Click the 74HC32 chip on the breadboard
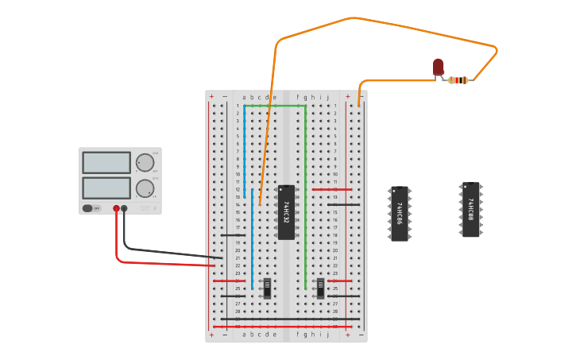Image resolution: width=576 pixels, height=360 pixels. (286, 212)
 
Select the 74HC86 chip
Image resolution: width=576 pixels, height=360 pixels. (400, 213)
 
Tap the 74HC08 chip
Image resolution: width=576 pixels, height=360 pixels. (470, 210)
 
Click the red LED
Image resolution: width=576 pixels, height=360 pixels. (439, 67)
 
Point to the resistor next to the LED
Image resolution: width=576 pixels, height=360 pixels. (458, 79)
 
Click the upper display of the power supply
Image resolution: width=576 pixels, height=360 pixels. (106, 163)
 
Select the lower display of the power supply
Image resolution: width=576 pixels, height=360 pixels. (106, 188)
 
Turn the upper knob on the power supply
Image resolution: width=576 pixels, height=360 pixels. (145, 163)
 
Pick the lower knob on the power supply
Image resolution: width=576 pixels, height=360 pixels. (145, 188)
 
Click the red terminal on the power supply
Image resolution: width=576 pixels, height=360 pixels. (116, 208)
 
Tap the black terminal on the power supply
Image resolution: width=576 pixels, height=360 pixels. (124, 208)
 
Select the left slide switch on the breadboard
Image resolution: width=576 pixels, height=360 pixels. (267, 288)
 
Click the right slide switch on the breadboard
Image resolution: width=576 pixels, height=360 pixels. (320, 288)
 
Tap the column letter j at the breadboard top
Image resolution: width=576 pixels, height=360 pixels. (327, 98)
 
